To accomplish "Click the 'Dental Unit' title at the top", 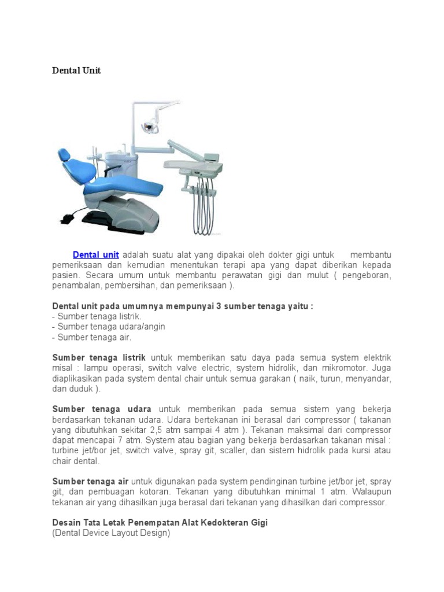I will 76,70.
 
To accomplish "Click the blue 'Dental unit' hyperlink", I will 95,254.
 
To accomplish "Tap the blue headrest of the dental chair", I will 64,156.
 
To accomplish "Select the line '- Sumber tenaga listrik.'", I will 97,316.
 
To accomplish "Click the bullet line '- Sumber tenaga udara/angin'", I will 108,327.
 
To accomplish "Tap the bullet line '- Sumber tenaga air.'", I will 91,337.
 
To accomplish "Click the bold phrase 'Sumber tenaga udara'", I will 102,409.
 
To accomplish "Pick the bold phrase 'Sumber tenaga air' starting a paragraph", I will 90,482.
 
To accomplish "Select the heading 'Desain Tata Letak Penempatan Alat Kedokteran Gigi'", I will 160,523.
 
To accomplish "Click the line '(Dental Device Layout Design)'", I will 111,533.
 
